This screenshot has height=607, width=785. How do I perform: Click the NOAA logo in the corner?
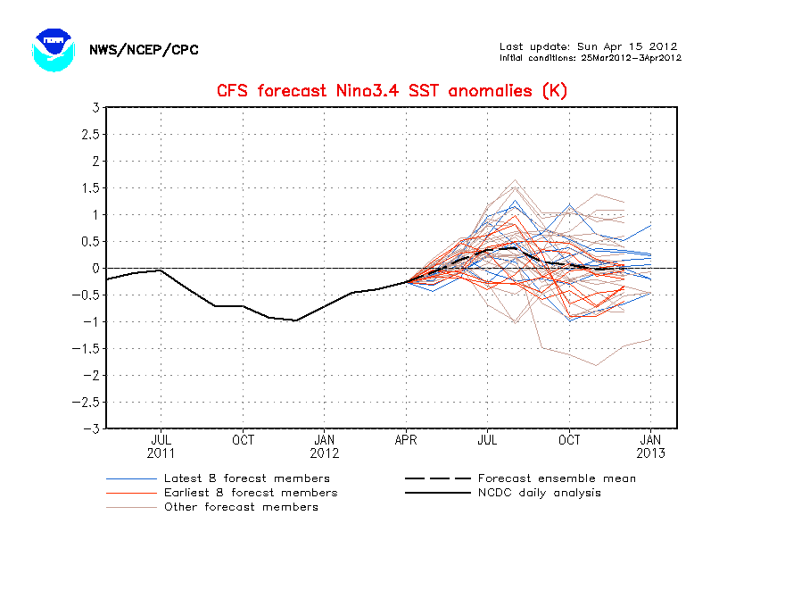point(52,49)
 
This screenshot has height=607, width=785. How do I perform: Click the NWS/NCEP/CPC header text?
point(144,50)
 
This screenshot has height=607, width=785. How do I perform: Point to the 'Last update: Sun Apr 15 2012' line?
point(588,46)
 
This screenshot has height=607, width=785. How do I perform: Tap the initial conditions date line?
point(591,58)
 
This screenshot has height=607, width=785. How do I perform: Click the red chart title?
point(392,91)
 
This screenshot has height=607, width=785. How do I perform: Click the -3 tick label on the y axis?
point(91,428)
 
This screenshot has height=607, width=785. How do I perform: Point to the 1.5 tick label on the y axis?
point(88,188)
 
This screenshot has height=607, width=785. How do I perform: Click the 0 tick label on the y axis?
point(95,269)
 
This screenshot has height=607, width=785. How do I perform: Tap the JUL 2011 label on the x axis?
point(161,446)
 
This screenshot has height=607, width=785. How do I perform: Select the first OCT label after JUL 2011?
point(243,440)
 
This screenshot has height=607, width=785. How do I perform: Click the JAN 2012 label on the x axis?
point(324,446)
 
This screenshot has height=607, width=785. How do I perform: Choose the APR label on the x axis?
point(407,440)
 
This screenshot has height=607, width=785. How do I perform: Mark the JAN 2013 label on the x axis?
point(651,446)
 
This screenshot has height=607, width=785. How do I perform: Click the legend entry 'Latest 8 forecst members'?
point(246,478)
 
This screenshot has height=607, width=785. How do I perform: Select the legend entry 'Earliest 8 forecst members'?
point(250,493)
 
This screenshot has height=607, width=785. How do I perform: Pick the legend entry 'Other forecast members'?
point(241,507)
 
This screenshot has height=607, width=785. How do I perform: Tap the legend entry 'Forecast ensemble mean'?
point(557,478)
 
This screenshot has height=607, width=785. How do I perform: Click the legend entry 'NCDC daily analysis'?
point(539,493)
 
